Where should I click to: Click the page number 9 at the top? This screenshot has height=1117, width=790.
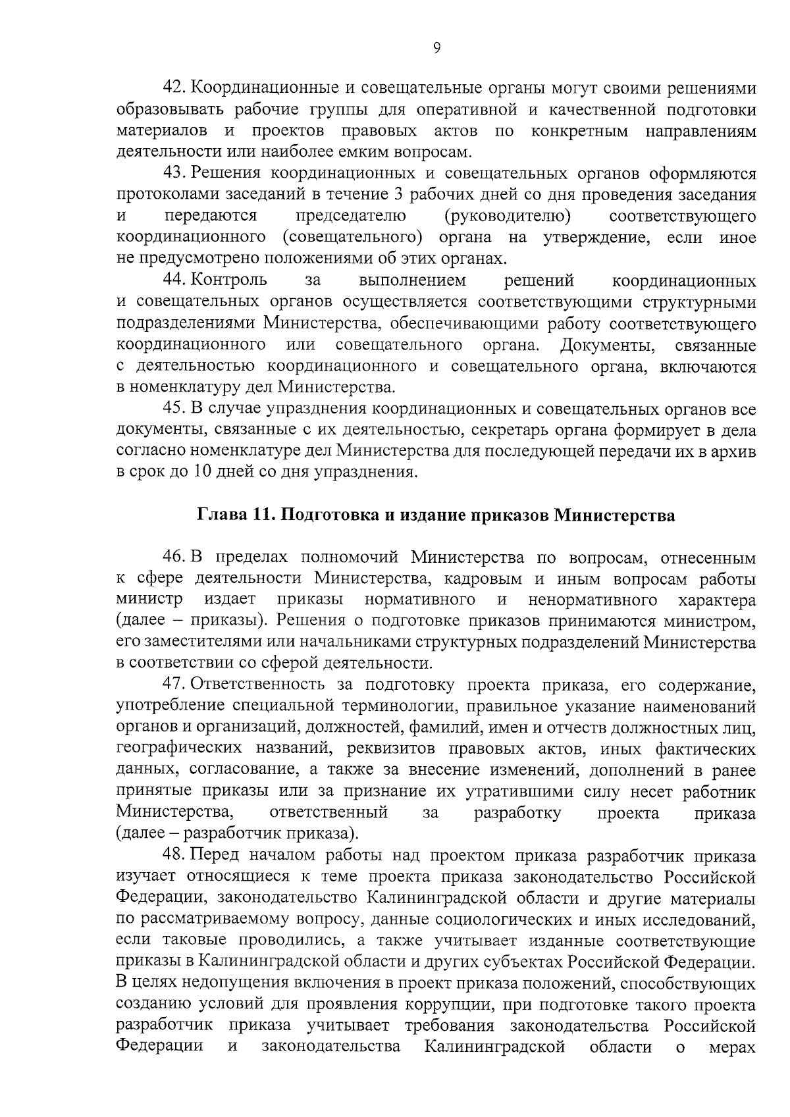click(437, 47)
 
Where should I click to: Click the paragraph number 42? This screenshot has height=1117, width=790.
click(176, 88)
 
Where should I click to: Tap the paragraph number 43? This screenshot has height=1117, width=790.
click(176, 174)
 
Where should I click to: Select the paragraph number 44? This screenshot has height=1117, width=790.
click(176, 280)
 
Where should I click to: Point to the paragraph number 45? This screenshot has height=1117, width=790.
click(176, 409)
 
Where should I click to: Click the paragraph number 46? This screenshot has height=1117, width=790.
click(176, 558)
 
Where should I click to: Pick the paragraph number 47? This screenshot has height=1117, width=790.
click(176, 686)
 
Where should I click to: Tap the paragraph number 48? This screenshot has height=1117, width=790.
click(176, 856)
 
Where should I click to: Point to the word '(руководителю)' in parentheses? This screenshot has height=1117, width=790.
click(507, 217)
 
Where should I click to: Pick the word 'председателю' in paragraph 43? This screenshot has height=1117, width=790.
click(350, 217)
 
